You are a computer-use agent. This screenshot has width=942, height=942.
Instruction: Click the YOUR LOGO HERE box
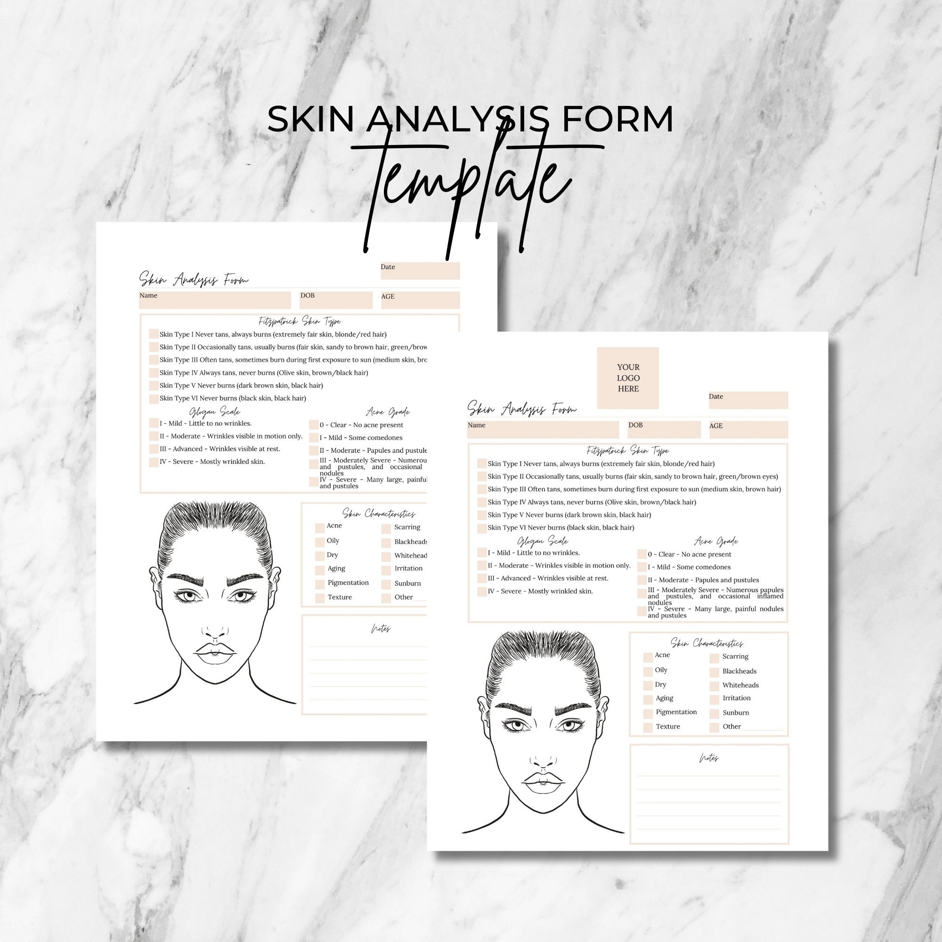click(x=627, y=378)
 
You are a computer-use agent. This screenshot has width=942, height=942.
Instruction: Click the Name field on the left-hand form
click(x=214, y=300)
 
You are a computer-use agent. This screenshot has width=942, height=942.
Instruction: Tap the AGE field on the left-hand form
click(x=420, y=300)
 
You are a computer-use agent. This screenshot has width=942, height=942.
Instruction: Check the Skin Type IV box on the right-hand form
click(x=482, y=502)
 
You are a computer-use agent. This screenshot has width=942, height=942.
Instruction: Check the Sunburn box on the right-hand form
click(x=715, y=713)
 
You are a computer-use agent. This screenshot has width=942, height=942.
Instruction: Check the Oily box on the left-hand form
click(x=320, y=542)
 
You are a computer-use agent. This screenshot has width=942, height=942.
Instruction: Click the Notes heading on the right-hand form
click(x=708, y=759)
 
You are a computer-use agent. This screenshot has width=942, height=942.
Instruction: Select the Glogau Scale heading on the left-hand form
click(x=214, y=413)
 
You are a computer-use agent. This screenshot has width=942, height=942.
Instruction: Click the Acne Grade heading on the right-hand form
click(x=716, y=542)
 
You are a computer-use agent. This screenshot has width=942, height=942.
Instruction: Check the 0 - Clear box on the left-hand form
click(x=314, y=425)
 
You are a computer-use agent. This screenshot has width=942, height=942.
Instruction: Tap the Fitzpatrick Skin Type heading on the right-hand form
click(x=628, y=451)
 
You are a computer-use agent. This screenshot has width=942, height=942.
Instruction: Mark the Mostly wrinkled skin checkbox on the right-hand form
click(x=482, y=592)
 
